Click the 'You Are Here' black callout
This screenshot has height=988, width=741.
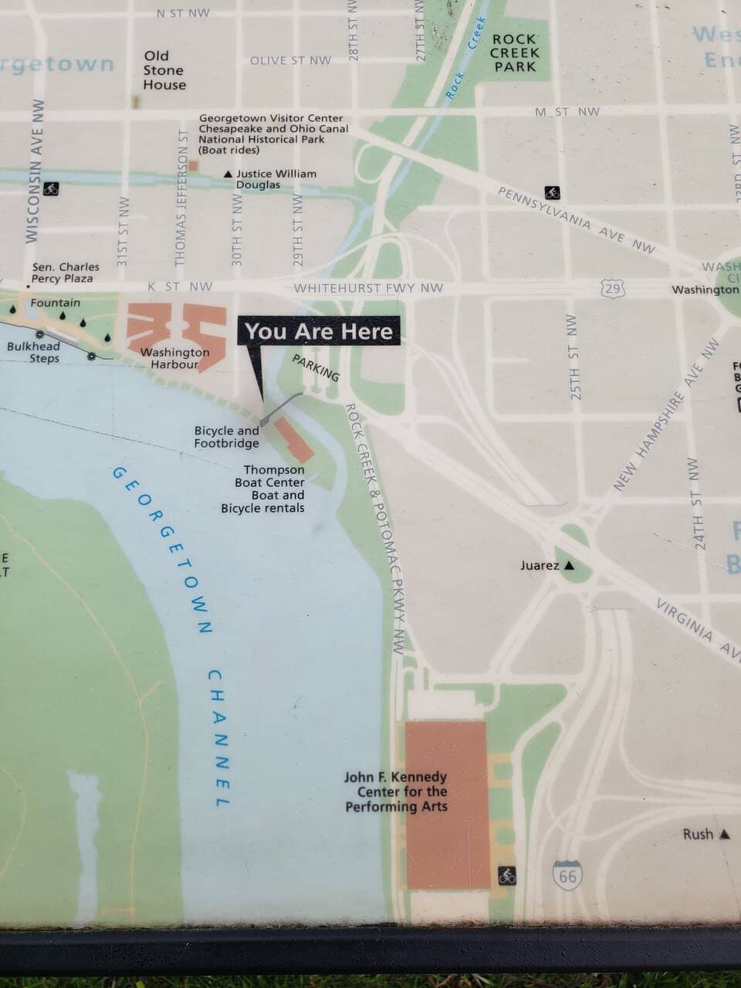(x=319, y=331)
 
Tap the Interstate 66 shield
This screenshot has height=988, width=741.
(x=567, y=875)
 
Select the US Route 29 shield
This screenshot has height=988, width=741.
(x=611, y=289)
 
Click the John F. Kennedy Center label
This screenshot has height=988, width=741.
(x=396, y=792)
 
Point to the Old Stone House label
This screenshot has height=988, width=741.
(x=164, y=70)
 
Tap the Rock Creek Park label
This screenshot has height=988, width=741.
(x=514, y=52)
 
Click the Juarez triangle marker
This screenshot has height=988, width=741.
(x=570, y=565)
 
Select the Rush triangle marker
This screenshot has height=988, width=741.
(x=724, y=834)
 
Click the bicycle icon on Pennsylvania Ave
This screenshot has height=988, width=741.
(x=552, y=192)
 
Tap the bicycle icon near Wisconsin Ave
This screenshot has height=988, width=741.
(x=51, y=188)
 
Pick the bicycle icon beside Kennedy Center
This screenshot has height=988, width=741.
(x=506, y=875)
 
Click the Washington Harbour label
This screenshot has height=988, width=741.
(x=174, y=358)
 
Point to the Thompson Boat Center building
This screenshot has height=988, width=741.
(x=294, y=439)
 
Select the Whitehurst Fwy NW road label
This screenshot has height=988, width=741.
(x=368, y=288)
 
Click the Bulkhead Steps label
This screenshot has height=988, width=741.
(x=33, y=352)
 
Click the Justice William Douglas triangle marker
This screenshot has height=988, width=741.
(x=228, y=174)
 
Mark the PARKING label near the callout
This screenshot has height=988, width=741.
(x=316, y=368)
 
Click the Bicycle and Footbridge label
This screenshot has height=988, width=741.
(x=226, y=437)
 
